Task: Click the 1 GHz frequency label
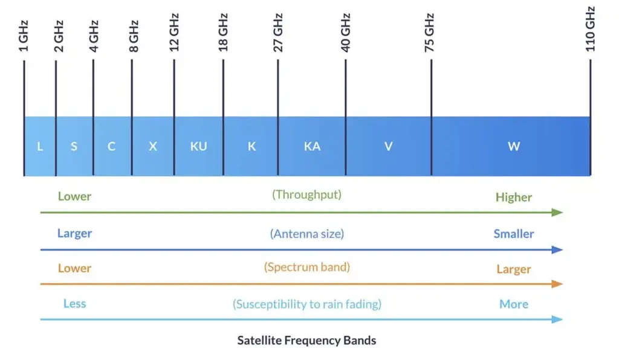pyautogui.click(x=24, y=36)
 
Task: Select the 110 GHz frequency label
pyautogui.click(x=591, y=29)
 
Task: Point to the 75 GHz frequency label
pyautogui.click(x=430, y=37)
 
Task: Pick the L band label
pyautogui.click(x=40, y=147)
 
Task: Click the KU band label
pyautogui.click(x=198, y=147)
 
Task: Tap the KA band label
pyautogui.click(x=312, y=147)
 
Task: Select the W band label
pyautogui.click(x=514, y=147)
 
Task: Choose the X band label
pyautogui.click(x=153, y=147)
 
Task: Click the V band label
pyautogui.click(x=388, y=147)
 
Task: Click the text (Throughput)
pyautogui.click(x=306, y=194)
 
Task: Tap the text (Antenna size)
pyautogui.click(x=306, y=234)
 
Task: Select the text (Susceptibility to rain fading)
pyautogui.click(x=306, y=304)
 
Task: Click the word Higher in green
pyautogui.click(x=513, y=198)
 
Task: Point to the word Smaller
pyautogui.click(x=513, y=234)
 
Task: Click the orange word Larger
pyautogui.click(x=513, y=269)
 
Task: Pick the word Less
pyautogui.click(x=74, y=304)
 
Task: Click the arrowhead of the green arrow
pyautogui.click(x=558, y=213)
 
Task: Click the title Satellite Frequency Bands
pyautogui.click(x=306, y=341)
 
